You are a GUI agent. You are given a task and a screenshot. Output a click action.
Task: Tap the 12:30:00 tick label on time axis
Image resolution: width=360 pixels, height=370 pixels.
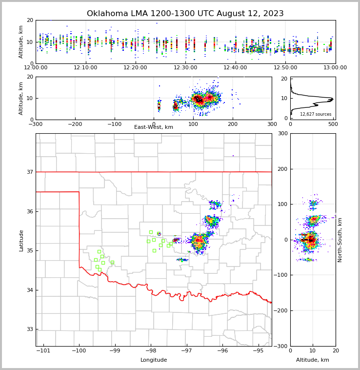point(186,68)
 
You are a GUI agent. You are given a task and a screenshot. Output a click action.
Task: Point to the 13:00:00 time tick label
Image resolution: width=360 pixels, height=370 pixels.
point(335,68)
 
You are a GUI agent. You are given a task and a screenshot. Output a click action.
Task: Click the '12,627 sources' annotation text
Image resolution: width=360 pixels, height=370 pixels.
point(316,114)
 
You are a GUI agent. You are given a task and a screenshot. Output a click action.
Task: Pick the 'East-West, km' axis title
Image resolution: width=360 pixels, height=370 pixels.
point(154,127)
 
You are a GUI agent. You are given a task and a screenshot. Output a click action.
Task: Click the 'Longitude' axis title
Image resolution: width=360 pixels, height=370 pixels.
point(154,360)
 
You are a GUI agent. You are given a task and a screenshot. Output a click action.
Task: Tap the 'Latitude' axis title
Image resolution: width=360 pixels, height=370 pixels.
point(21,240)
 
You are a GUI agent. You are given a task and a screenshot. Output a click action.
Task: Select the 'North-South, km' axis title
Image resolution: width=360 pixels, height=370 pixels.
point(340,240)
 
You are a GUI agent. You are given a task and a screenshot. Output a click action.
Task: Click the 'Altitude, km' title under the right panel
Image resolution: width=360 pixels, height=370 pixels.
point(313,360)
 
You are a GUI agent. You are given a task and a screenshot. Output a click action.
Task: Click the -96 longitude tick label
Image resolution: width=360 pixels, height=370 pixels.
point(222,351)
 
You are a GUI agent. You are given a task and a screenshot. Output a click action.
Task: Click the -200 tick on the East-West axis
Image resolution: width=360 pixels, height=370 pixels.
point(75,124)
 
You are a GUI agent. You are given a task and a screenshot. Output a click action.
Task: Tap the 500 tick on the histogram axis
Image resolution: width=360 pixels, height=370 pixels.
point(333,124)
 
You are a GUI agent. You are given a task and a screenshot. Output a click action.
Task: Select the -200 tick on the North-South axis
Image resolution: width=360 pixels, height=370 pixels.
point(282,311)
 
